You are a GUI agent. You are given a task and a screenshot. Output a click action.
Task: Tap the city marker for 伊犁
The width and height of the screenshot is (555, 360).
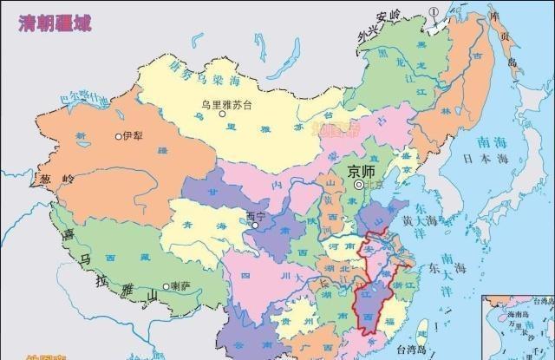point(120,137)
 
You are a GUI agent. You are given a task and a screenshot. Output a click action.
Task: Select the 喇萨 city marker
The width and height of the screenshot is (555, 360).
point(166,285)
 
